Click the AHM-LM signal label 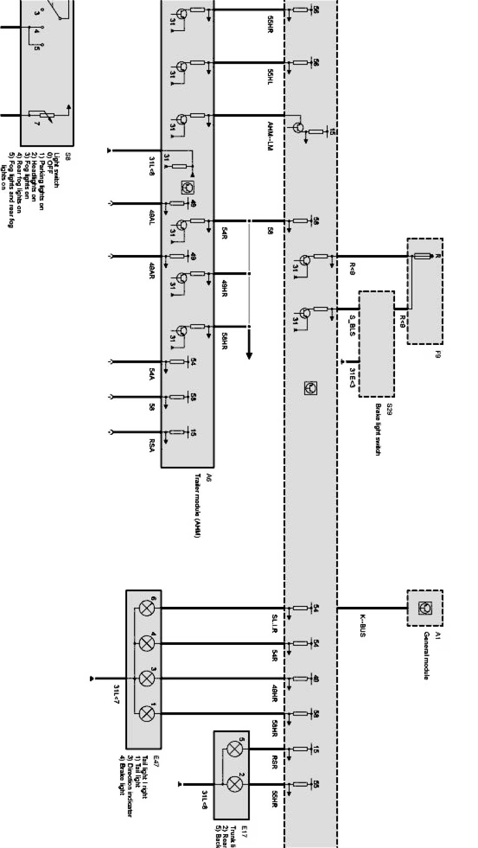coord(270,136)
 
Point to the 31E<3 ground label coord(352,377)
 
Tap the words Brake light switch coord(378,429)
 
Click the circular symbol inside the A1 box coord(424,607)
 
